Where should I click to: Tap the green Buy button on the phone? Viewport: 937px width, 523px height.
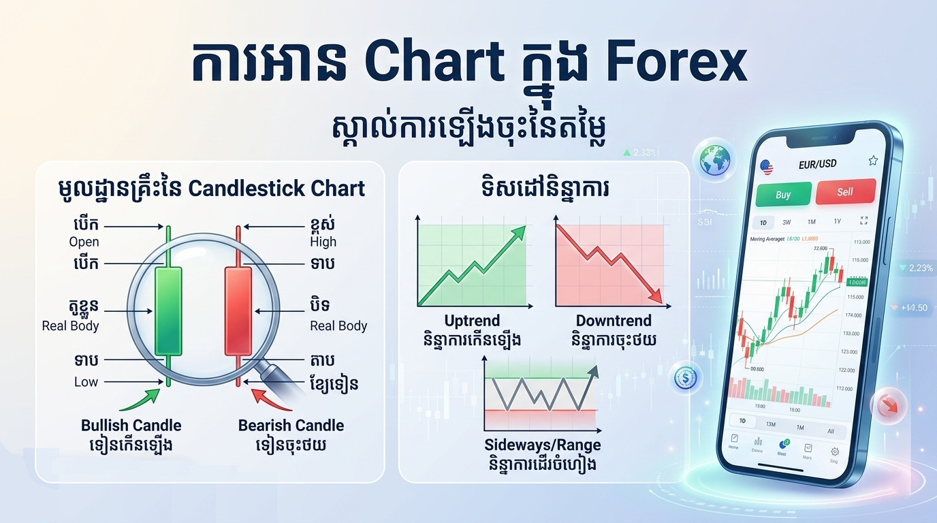coord(783,194)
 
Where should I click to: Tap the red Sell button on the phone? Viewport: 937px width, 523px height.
coord(844,191)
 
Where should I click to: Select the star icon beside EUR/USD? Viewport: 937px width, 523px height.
coord(872,161)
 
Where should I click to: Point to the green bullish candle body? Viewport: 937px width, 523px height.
coord(169,311)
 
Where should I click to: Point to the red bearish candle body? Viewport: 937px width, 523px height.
coord(238,311)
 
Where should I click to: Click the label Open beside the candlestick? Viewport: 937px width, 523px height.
coord(84,242)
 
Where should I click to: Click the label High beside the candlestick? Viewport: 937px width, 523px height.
coord(323,242)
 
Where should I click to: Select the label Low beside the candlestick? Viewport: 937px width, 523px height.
coord(86,382)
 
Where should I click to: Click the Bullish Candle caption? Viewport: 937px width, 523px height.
coord(131,426)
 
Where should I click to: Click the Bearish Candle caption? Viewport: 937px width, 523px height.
coord(291,426)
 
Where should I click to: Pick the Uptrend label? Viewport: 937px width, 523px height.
coord(471,321)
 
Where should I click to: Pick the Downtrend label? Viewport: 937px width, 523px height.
coord(613,321)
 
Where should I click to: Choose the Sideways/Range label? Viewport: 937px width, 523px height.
coord(543,445)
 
